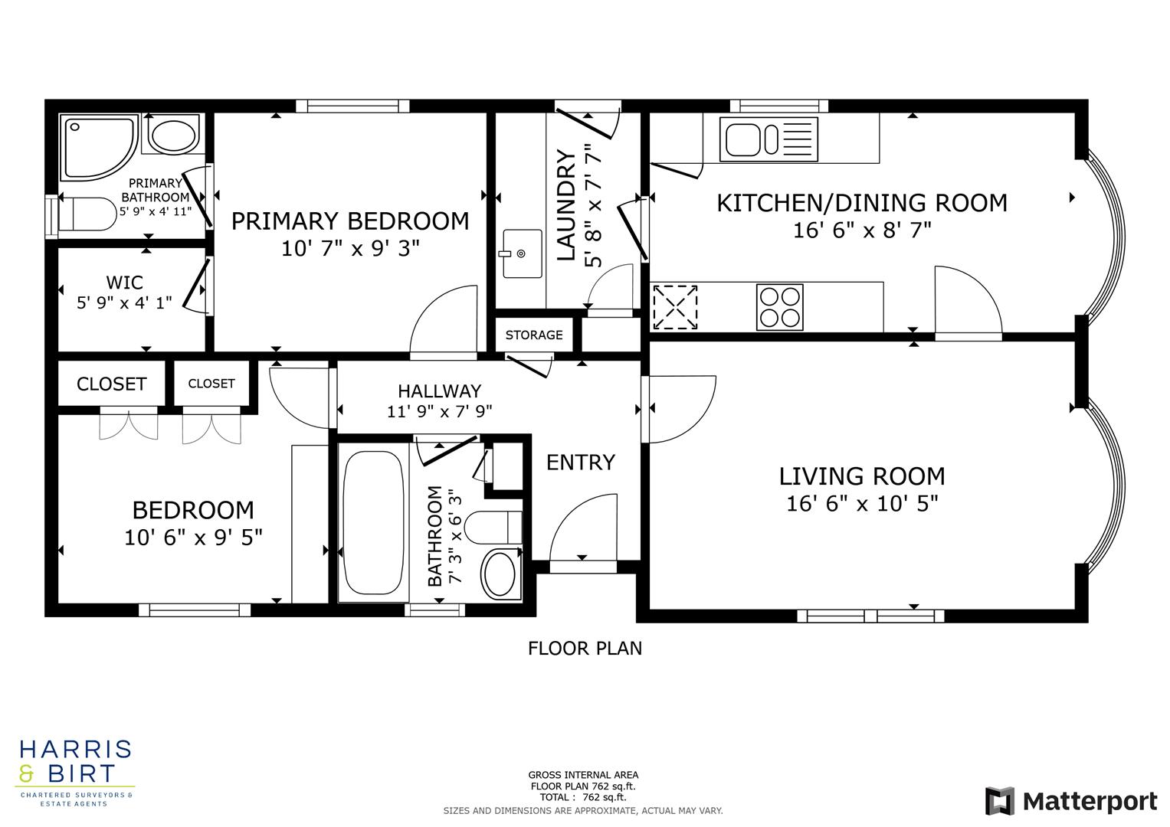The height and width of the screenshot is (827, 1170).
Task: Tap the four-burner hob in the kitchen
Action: click(779, 307)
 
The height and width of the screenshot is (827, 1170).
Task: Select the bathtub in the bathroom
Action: click(373, 521)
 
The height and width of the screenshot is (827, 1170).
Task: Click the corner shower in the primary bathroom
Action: click(98, 147)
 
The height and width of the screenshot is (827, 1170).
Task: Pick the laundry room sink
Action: click(522, 253)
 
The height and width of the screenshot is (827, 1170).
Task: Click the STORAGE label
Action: click(534, 335)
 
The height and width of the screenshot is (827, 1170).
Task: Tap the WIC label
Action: click(124, 283)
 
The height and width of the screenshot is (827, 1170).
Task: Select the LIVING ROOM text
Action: click(862, 476)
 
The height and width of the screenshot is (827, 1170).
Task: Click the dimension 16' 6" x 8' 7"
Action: click(862, 230)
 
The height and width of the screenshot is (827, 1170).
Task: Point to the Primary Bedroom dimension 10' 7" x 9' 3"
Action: click(350, 248)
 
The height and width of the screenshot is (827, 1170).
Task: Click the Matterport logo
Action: click(1070, 801)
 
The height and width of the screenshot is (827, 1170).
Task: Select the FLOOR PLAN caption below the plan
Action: click(585, 649)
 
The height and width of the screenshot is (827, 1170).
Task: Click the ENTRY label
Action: click(580, 463)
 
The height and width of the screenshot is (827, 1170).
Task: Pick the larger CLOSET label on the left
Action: click(111, 384)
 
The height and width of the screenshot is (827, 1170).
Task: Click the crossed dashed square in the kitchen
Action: click(675, 307)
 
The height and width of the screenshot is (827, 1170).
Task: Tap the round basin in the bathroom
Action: click(500, 574)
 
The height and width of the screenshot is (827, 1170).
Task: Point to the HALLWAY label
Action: click(439, 391)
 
